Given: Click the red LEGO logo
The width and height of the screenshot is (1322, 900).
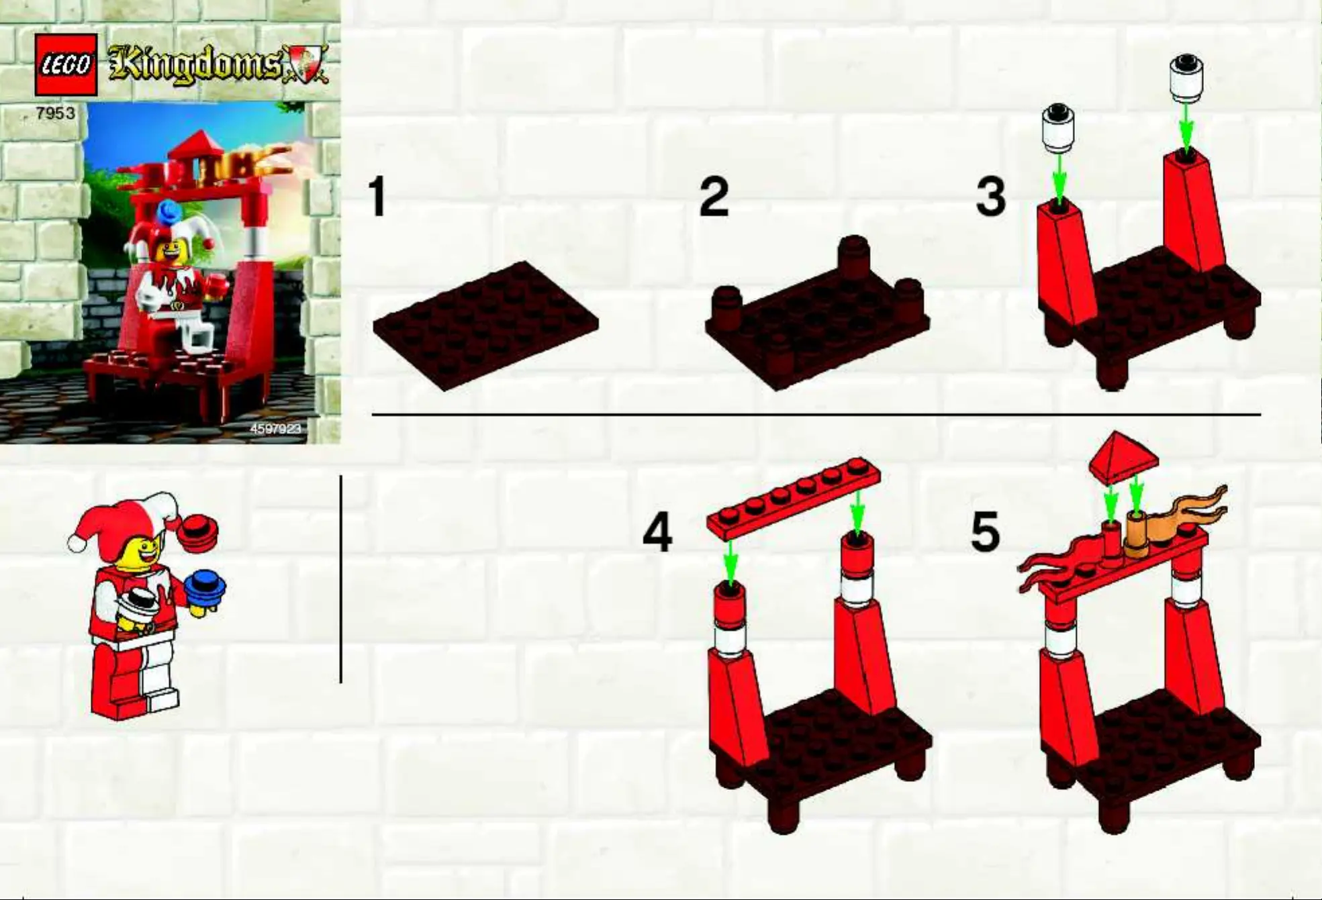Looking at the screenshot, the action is (x=66, y=64).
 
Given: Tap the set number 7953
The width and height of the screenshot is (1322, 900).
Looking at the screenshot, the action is (x=56, y=113).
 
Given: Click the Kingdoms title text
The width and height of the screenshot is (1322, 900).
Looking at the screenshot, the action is (x=195, y=66).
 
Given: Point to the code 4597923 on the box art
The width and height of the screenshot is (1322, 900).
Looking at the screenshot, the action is (x=276, y=428).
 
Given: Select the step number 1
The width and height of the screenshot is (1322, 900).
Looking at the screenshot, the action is (x=378, y=197).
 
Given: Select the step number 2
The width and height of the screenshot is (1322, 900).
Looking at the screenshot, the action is (x=713, y=197).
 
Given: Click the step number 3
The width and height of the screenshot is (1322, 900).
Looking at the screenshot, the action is (x=990, y=197).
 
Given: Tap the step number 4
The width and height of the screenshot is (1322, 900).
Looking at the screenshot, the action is (x=657, y=533).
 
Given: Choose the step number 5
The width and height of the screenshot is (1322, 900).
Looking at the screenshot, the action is (x=985, y=533).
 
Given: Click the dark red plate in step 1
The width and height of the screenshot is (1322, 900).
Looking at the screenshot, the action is (x=485, y=326).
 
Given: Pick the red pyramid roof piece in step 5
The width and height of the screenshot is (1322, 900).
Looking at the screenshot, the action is (x=1123, y=457).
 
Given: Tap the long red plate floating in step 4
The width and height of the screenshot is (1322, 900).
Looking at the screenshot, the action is (x=794, y=499).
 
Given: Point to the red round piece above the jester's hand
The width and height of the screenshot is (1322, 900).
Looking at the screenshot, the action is (x=198, y=532).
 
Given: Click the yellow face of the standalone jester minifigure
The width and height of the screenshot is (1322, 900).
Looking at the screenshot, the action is (x=138, y=553).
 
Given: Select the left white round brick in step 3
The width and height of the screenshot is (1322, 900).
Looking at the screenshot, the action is (x=1058, y=128).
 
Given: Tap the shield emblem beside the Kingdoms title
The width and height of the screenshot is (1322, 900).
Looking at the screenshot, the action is (x=305, y=65).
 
